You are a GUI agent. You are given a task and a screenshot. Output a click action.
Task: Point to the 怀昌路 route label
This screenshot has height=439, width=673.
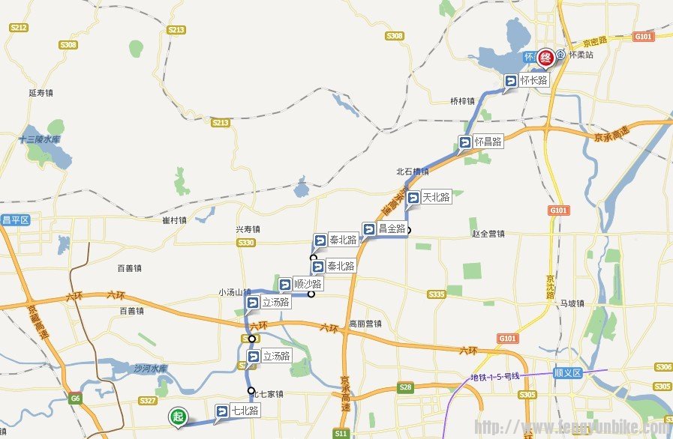pos(480,141)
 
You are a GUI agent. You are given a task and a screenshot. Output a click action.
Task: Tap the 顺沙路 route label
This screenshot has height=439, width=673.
pos(300,285)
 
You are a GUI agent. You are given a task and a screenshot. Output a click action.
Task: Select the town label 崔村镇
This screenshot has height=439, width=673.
pos(174,220)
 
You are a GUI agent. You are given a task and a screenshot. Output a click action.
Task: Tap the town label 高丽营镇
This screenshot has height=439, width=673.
pos(365,324)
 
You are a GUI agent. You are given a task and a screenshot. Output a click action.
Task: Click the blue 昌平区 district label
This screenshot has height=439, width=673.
pos(14,219)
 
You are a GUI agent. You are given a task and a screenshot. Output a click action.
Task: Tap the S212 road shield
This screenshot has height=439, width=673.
pos(19,28)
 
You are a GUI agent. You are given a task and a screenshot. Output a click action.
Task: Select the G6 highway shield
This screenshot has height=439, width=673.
pos(75,399)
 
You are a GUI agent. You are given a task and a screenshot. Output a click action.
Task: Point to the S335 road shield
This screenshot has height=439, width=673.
pos(437,294)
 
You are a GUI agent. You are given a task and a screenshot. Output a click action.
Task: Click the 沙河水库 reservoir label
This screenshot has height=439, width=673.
pos(149,369)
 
